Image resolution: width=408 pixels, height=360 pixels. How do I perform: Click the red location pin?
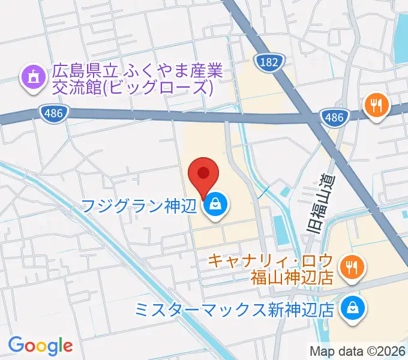tap(203, 176)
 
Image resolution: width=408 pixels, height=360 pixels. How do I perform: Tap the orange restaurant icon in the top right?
tap(377, 107)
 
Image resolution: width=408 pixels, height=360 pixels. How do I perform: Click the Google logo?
tap(40, 346)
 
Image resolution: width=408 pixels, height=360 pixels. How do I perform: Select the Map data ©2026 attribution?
tap(358, 351)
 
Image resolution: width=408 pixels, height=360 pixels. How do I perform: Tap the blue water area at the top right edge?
tap(400, 36)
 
